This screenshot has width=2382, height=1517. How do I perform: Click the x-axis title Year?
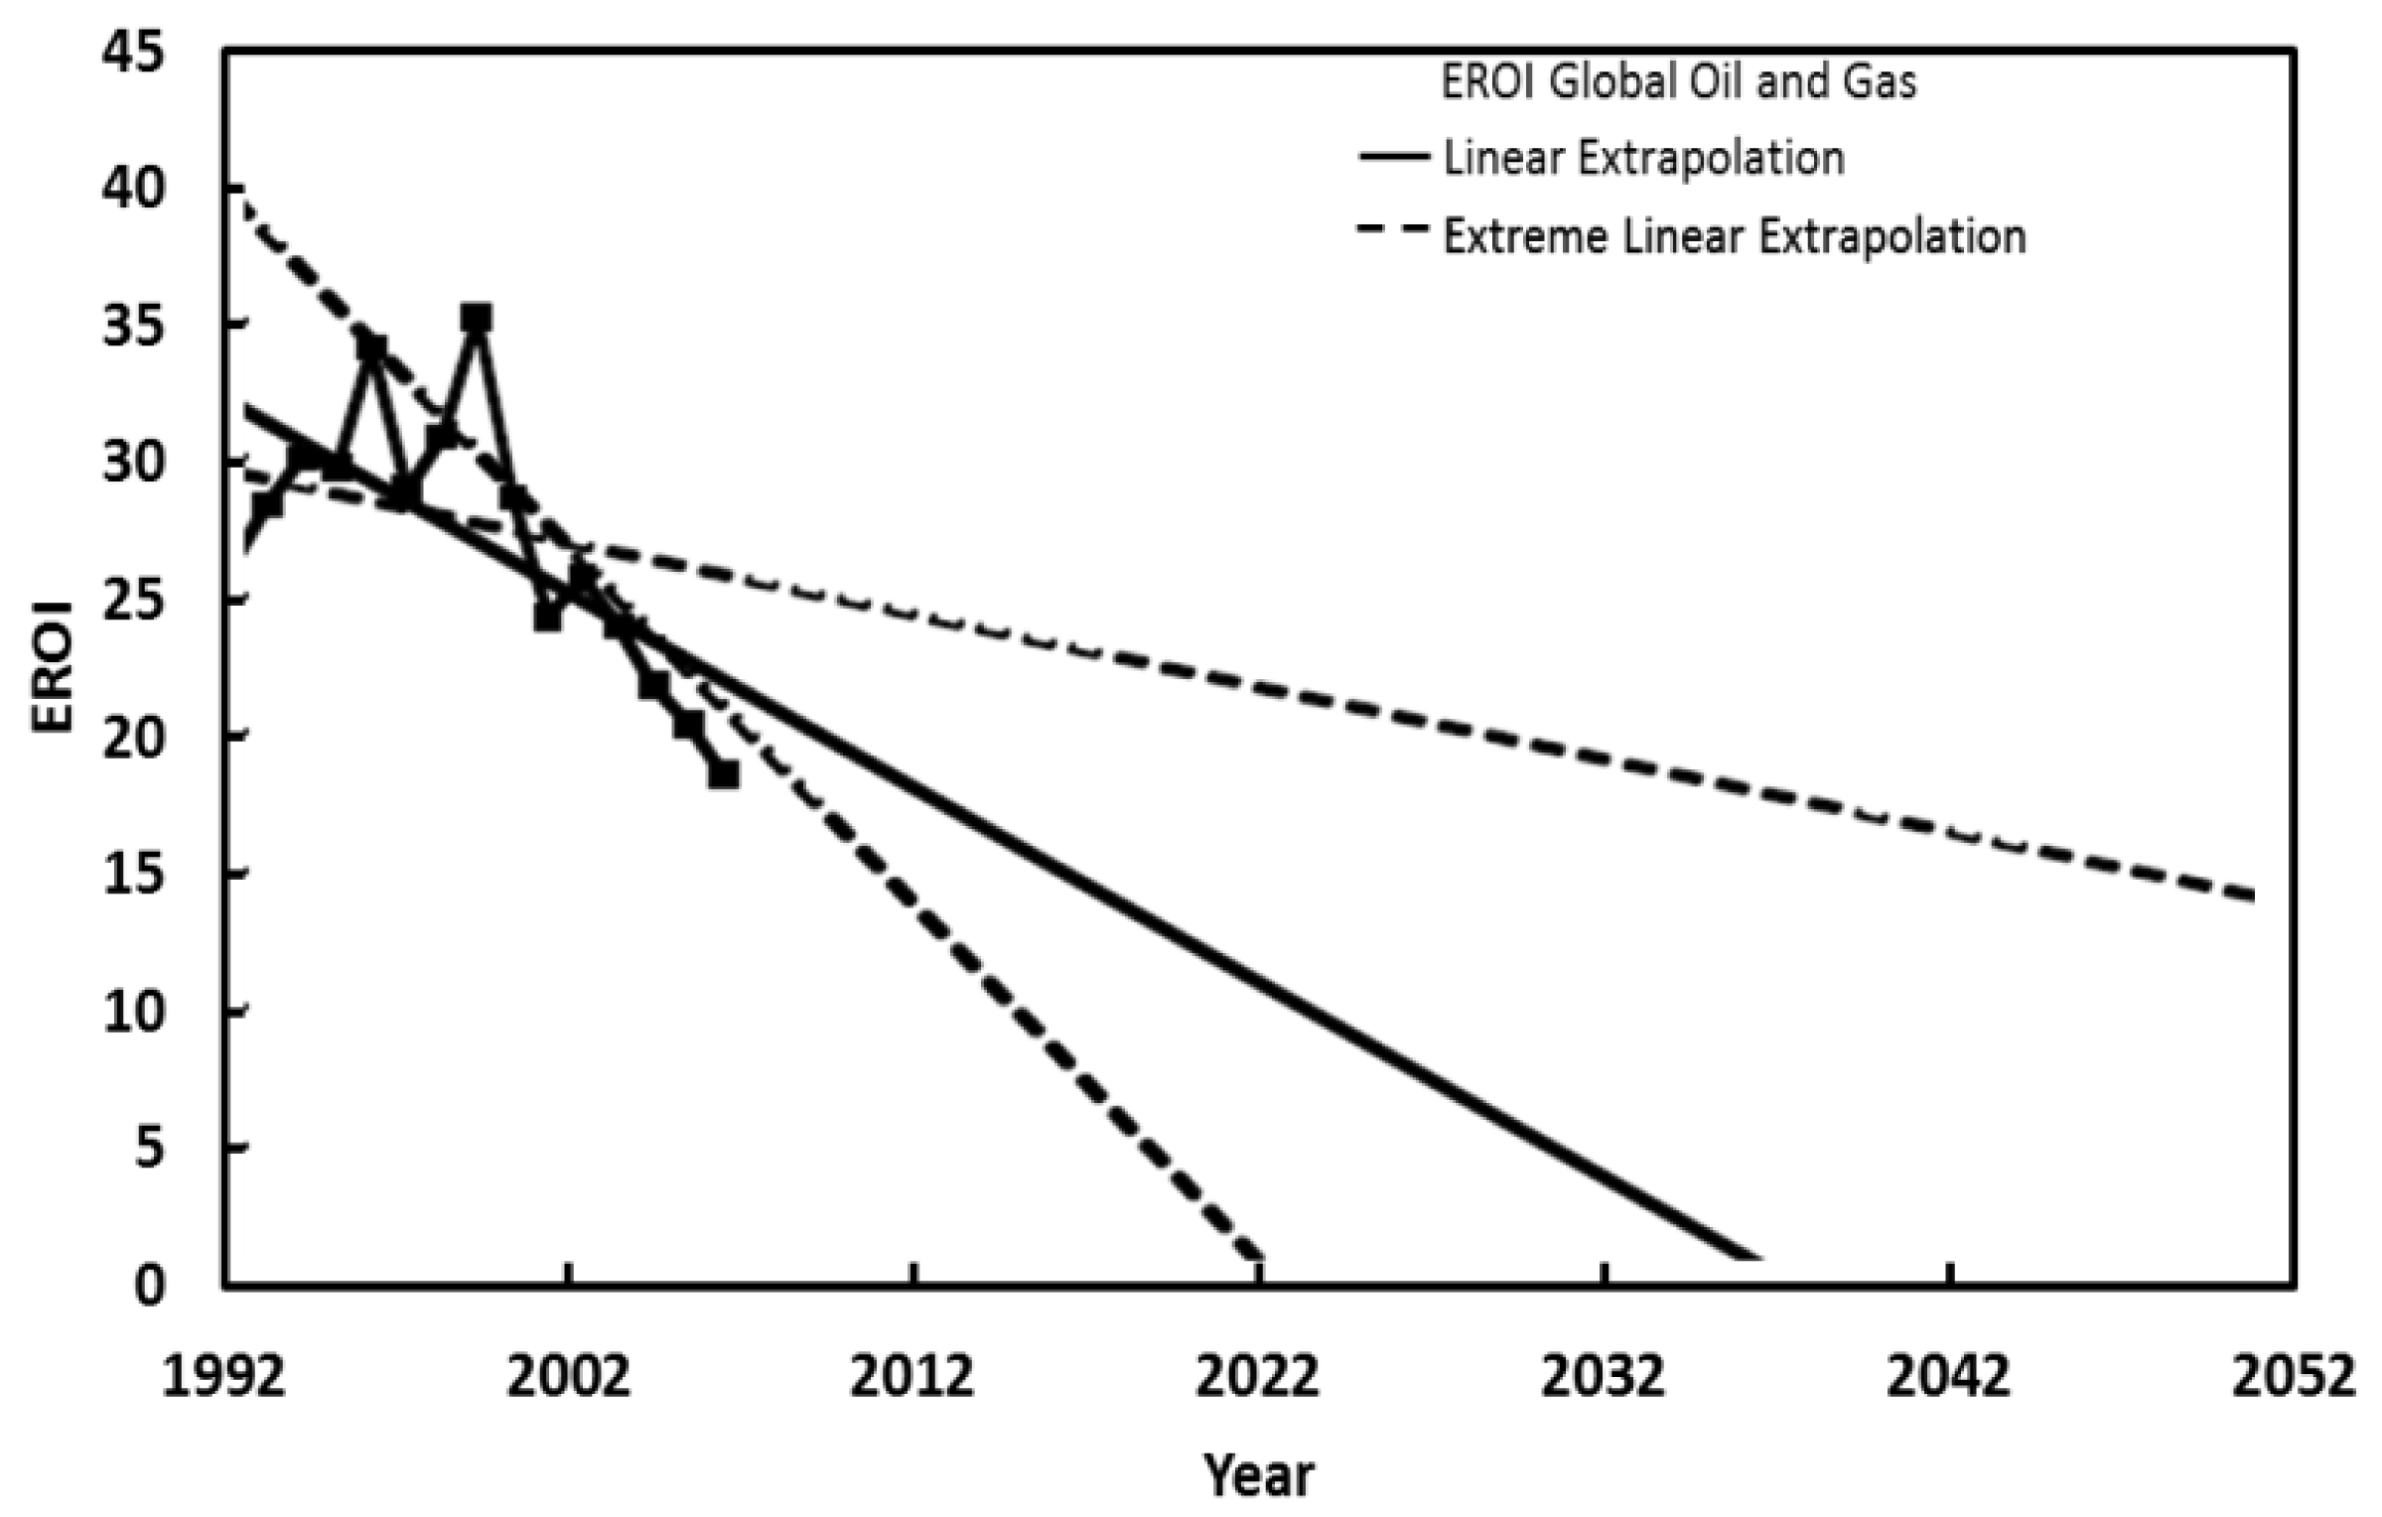1258,1473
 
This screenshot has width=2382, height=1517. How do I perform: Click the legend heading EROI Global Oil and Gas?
1678,82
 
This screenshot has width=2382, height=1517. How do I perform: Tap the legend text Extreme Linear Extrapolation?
1734,236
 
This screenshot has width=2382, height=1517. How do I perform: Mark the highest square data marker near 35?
477,319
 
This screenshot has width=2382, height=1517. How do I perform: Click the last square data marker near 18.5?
723,774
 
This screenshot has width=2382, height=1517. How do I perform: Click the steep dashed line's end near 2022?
1259,1256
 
